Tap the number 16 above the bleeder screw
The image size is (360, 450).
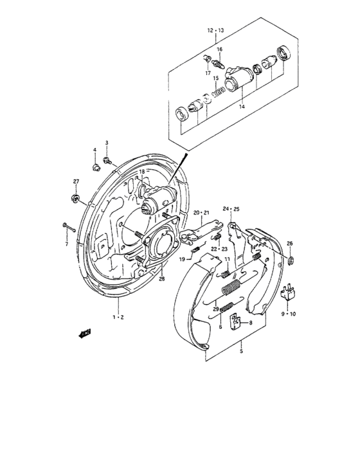tap(219, 50)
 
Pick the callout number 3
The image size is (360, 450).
tap(107, 143)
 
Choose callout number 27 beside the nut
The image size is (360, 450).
tap(75, 182)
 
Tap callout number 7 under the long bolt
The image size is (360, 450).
tap(66, 244)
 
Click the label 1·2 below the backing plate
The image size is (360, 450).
tap(119, 318)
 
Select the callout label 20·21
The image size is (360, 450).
tap(202, 212)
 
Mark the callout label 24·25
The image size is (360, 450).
tap(231, 208)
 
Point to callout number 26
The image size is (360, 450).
tap(290, 243)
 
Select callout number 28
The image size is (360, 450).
tap(161, 278)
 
